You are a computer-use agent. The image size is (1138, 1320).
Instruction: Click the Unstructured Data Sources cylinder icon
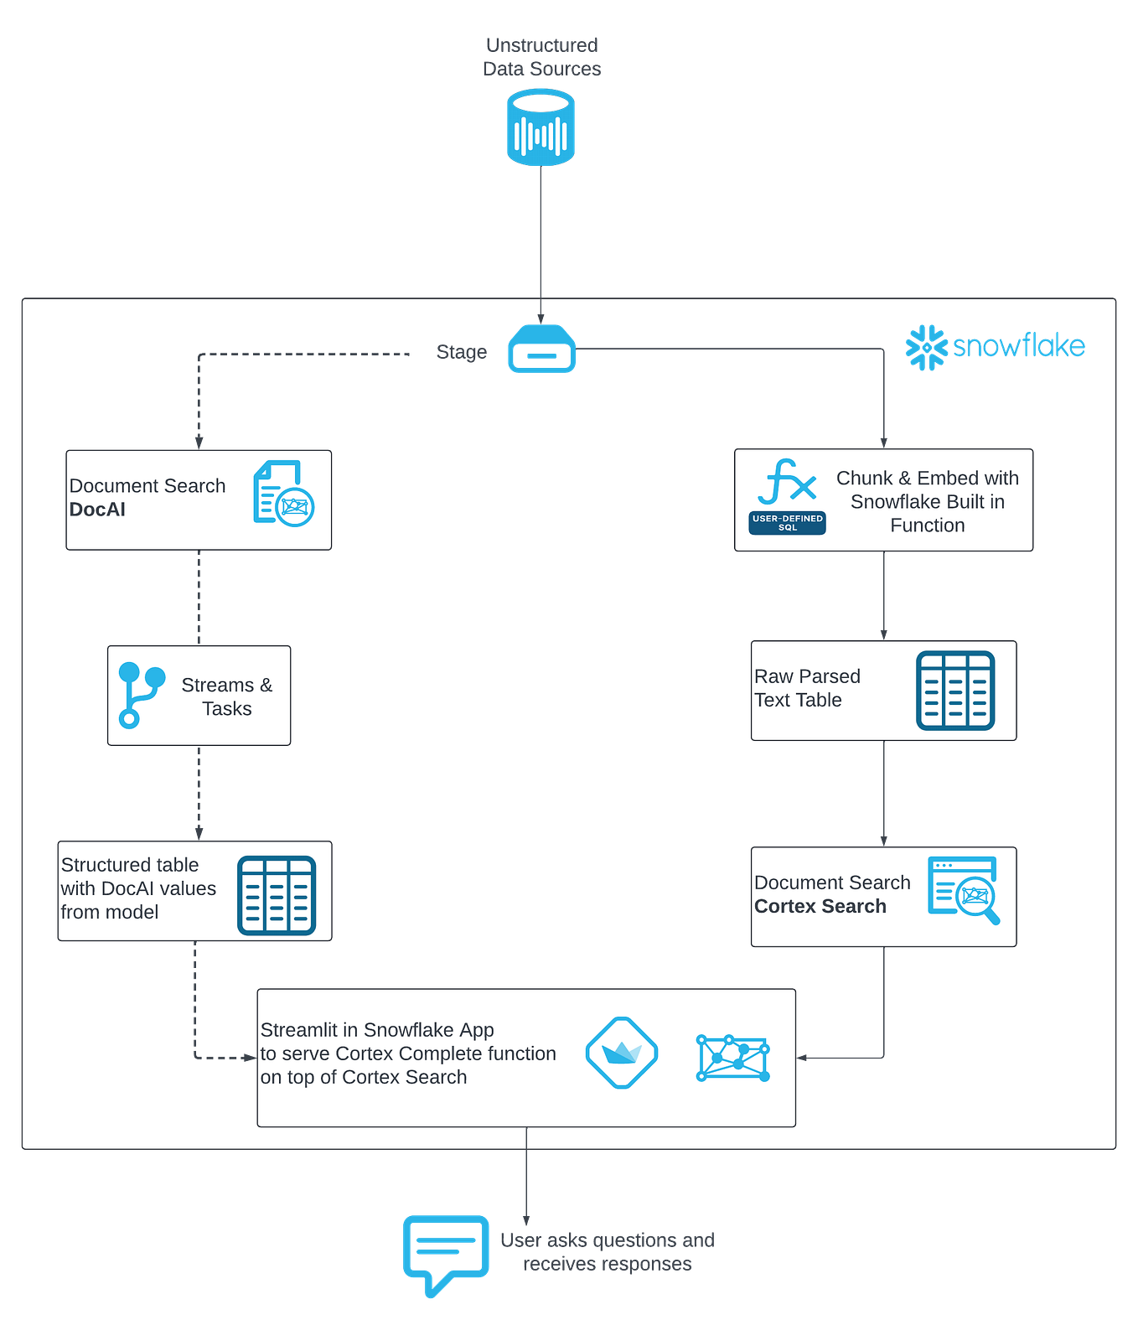coord(541,130)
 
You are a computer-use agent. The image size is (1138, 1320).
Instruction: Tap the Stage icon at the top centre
coord(541,349)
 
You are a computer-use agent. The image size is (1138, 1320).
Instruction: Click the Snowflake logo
coord(995,346)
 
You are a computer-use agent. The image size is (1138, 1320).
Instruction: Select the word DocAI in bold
coord(97,510)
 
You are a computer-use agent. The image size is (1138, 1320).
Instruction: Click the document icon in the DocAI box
coord(283,494)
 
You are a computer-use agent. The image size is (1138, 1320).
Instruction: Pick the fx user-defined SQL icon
coord(787,495)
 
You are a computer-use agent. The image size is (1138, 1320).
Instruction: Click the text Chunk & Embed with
coord(927,478)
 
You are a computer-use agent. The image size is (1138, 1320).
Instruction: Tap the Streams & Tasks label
coord(226,696)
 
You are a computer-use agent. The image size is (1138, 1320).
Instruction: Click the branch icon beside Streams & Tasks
coord(140,695)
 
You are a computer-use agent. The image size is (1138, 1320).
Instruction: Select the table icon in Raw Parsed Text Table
coord(954,691)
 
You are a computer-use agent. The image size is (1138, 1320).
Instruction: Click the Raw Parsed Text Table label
coord(806,688)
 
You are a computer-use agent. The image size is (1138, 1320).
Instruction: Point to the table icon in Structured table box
coord(276,895)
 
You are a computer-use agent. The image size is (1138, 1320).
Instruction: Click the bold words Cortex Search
coord(820,907)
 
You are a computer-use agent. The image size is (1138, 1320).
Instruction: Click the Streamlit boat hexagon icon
coord(621,1053)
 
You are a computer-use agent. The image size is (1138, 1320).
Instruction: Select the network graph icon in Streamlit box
coord(732,1058)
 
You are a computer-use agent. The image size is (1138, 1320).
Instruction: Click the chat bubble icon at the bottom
coord(446,1253)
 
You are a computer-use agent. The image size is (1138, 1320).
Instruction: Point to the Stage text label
coord(461,352)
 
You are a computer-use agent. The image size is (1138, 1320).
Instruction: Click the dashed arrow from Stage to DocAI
coord(199,394)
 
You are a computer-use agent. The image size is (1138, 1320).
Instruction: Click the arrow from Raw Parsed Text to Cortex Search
coord(884,792)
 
